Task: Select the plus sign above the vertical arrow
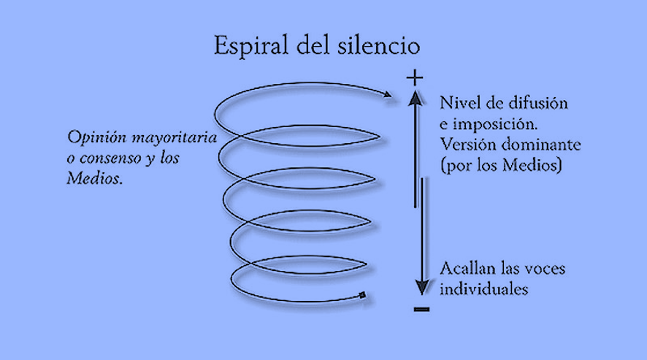coord(415,77)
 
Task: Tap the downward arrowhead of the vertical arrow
coord(420,287)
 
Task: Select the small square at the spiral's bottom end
coord(361,295)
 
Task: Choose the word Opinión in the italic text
coord(93,137)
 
